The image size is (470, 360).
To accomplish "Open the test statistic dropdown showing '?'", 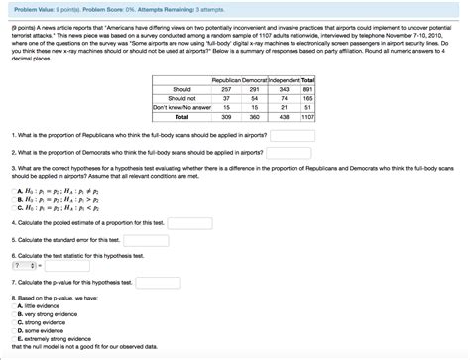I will coord(23,266).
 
